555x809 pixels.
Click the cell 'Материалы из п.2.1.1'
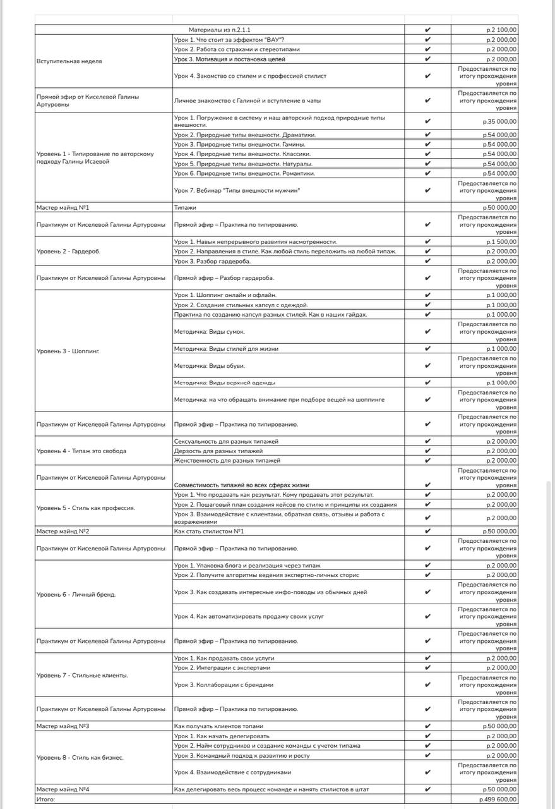coord(220,30)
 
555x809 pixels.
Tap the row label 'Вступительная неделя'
coord(69,61)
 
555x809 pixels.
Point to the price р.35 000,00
coord(498,121)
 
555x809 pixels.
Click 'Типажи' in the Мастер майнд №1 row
coord(185,207)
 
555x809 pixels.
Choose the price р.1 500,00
coord(501,241)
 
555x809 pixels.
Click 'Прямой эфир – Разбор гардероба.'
coord(224,277)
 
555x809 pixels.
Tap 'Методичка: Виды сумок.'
coord(209,331)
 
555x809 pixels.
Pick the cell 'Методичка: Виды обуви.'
coord(209,366)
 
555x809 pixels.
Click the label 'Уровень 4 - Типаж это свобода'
coord(81,451)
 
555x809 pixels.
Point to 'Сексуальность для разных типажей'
coord(226,441)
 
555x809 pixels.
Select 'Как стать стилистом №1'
coord(209,532)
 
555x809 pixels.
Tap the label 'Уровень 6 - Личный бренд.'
coord(76,595)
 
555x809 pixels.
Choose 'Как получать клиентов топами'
coord(218,726)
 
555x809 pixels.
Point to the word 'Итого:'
coord(46,800)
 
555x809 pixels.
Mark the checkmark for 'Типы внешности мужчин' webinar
coord(427,190)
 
